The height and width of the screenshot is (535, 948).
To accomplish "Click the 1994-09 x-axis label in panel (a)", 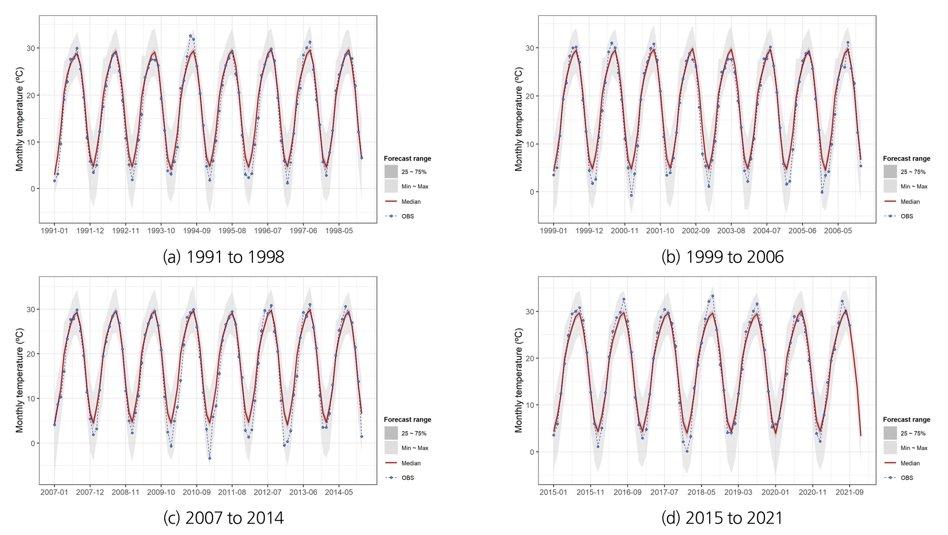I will [x=197, y=231].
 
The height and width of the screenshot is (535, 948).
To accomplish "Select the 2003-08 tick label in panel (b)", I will [x=731, y=231].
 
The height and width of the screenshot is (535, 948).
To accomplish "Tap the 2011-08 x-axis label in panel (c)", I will [x=232, y=492].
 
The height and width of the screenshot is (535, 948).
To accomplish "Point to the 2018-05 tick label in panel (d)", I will [x=701, y=492].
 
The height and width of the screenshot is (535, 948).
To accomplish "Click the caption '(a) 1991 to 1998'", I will [x=223, y=257].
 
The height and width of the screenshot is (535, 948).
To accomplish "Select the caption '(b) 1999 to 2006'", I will [x=722, y=257].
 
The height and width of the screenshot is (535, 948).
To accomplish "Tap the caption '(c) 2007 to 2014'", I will [x=223, y=518].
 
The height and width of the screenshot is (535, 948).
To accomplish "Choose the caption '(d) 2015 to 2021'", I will [x=722, y=518].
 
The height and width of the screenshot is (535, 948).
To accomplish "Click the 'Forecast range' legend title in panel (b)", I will [x=906, y=159].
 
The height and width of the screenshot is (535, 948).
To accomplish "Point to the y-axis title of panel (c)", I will [x=19, y=380].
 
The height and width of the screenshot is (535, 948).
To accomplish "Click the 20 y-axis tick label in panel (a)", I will [x=31, y=95].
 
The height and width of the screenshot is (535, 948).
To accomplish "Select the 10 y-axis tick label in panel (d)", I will [x=530, y=405].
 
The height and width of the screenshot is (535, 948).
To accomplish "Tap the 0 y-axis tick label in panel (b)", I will [x=531, y=192].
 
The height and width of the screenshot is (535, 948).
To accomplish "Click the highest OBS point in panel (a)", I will [x=190, y=36].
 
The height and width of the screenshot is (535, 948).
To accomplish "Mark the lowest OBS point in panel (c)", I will [x=210, y=458].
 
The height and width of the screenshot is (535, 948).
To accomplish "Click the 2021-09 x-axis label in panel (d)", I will [x=849, y=492].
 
